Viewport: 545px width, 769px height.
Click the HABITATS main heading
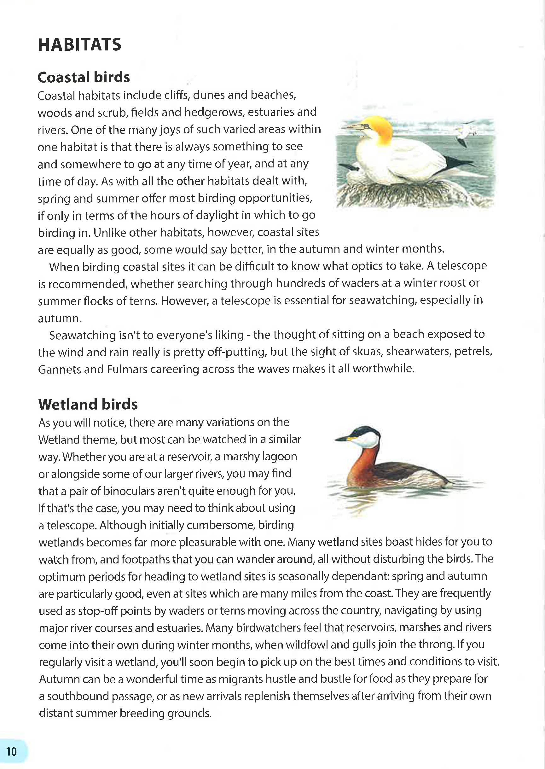click(79, 45)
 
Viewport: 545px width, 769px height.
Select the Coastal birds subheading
click(84, 77)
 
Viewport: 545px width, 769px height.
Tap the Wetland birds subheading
click(88, 405)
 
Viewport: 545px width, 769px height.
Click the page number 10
click(11, 752)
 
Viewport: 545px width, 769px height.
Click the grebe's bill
click(342, 438)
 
